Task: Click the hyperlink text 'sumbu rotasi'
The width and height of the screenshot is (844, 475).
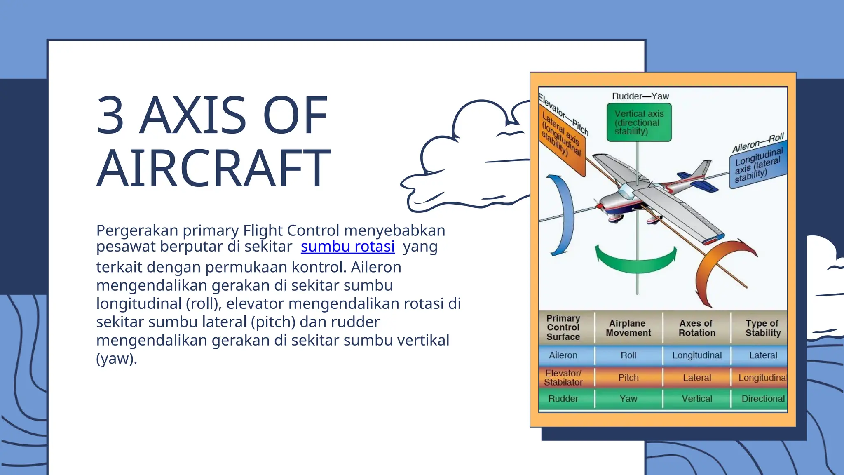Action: tap(347, 246)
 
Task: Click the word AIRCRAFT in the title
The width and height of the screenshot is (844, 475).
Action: tap(213, 168)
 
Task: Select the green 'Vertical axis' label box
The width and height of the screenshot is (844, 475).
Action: tap(639, 122)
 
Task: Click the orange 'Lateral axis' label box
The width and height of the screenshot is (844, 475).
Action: tap(562, 140)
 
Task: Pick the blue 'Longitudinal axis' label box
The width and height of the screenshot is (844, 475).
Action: tap(758, 165)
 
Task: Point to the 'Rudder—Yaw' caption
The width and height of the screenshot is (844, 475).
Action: tap(640, 96)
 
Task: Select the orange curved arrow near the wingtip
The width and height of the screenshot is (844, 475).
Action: tap(717, 268)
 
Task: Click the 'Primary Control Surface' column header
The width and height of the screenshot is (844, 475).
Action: tap(563, 328)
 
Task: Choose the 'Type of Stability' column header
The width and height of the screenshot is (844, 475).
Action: tap(762, 328)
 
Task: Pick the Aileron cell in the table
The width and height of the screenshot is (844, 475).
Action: tap(563, 355)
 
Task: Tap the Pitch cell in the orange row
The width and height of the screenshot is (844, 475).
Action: tap(628, 378)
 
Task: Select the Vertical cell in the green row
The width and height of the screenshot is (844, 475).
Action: tap(696, 399)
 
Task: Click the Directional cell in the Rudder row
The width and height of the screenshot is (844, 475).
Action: tap(762, 399)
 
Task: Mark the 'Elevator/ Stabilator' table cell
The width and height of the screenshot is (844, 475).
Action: tap(563, 378)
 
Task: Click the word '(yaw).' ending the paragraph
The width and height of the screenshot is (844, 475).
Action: tap(116, 358)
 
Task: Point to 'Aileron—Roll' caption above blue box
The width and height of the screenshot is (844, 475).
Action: tap(757, 143)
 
